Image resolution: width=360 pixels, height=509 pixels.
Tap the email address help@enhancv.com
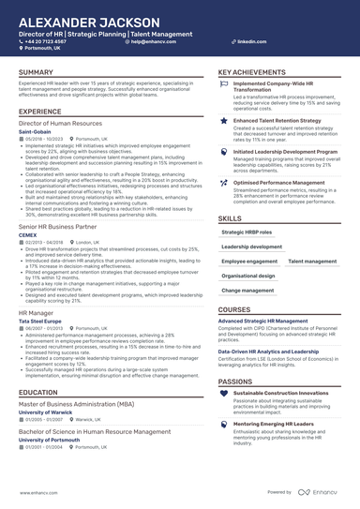coord(155,42)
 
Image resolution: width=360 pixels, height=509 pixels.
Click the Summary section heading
coord(36,72)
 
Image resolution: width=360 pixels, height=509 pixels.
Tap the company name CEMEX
coord(28,235)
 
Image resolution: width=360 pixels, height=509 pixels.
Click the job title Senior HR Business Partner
coord(59,227)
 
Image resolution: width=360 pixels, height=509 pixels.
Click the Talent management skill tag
coord(313,262)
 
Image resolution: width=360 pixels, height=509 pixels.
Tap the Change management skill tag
coord(247,291)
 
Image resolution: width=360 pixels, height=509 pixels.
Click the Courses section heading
coord(234,309)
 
